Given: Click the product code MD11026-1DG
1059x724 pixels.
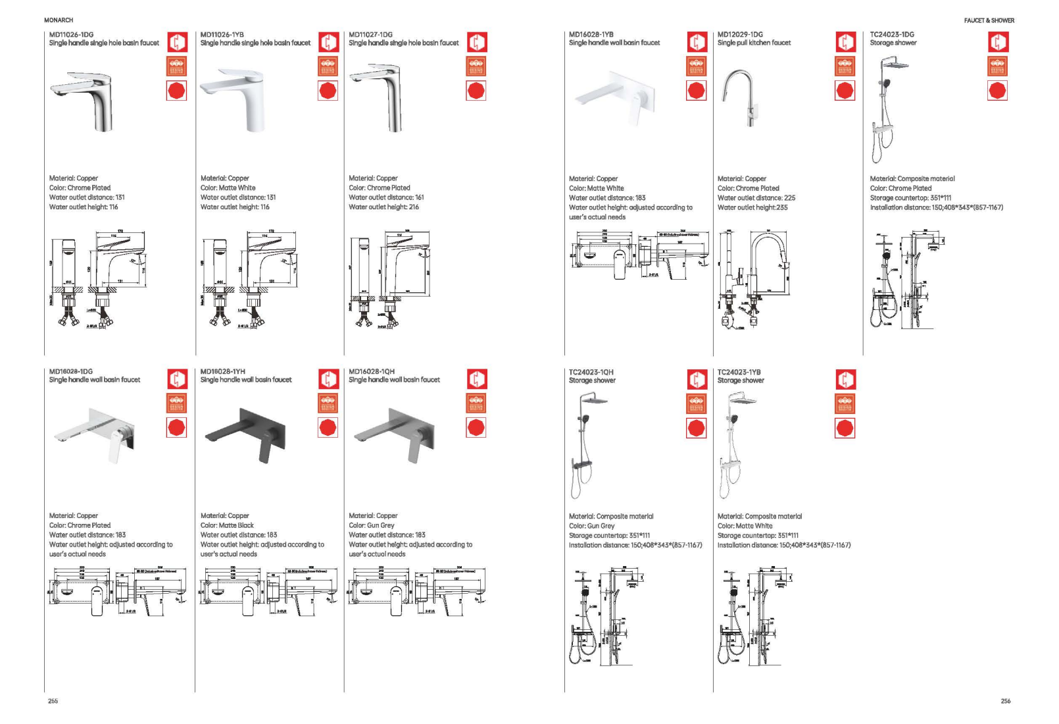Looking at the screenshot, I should [x=71, y=34].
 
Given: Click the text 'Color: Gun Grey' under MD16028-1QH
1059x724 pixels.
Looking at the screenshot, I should [x=372, y=525].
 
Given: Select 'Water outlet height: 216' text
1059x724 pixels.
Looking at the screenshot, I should [x=383, y=207].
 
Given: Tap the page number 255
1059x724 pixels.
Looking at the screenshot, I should [x=53, y=701].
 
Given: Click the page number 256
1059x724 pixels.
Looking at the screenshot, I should [x=1005, y=701].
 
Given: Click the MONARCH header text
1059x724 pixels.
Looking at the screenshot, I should [x=59, y=20].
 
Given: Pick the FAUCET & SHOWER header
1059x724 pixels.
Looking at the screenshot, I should [x=989, y=20].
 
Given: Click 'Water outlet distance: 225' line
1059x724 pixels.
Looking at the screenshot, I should [x=756, y=197].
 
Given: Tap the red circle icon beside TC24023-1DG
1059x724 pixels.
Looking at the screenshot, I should [x=997, y=90].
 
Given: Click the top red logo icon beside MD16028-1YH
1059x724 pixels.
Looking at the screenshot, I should [x=328, y=379].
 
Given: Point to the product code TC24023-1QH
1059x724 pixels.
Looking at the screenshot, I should [x=591, y=372].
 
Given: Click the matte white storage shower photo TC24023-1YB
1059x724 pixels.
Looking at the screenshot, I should [x=737, y=445].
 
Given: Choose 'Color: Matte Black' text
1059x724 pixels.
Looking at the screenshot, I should [x=227, y=525].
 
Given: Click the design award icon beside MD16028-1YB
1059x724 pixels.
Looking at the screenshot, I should [x=696, y=66].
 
